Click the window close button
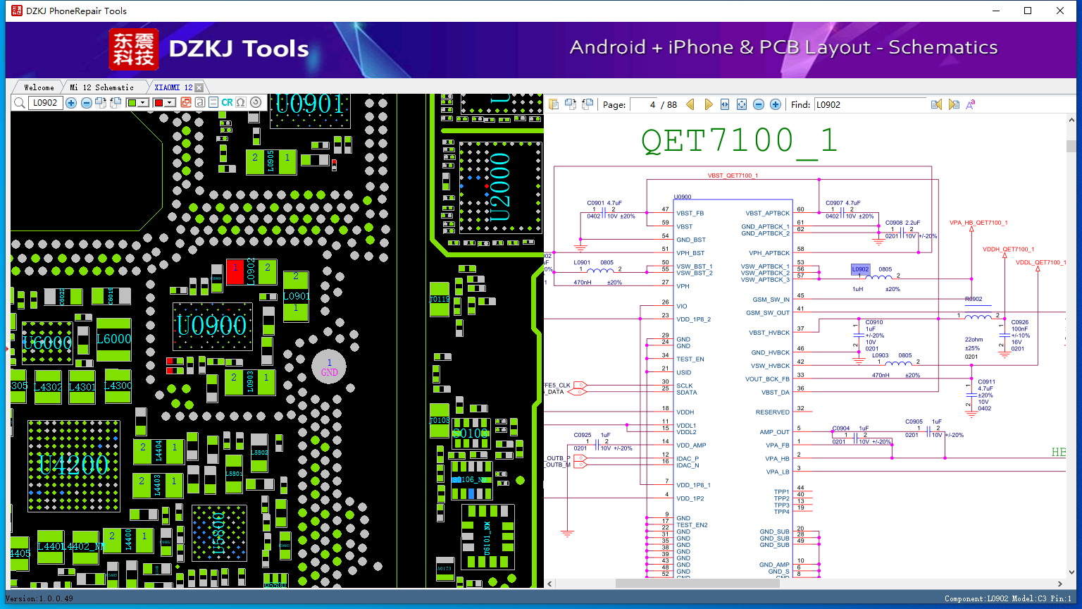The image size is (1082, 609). click(1059, 11)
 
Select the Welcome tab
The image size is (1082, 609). click(39, 87)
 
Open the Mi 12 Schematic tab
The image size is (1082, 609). click(102, 87)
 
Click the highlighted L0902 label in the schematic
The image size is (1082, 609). click(860, 269)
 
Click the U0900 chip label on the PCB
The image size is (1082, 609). click(211, 326)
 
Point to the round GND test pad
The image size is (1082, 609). click(329, 367)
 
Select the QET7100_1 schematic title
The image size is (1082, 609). click(738, 141)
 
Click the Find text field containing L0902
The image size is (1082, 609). click(869, 104)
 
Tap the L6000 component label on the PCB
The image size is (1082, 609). click(113, 339)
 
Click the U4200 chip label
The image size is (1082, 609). click(73, 465)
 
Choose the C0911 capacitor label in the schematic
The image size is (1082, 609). click(986, 382)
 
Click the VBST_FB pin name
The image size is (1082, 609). click(690, 213)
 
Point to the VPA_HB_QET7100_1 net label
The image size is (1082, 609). click(978, 223)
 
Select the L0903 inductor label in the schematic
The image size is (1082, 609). click(880, 356)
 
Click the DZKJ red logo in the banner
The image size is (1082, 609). click(134, 49)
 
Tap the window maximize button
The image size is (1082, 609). click(1028, 11)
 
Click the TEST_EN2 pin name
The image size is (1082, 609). click(692, 525)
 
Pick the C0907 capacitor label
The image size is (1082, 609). click(834, 203)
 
